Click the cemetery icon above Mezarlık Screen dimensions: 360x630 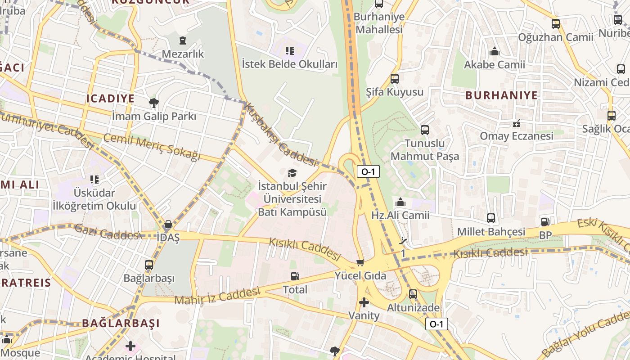pyautogui.click(x=182, y=41)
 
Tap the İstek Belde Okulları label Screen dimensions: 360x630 pyautogui.click(x=289, y=64)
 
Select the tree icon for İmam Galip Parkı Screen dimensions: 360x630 pyautogui.click(x=154, y=103)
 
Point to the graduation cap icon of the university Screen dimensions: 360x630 pyautogui.click(x=292, y=173)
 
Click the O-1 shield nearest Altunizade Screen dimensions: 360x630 pyautogui.click(x=436, y=324)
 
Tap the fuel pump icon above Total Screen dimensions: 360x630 pyautogui.click(x=295, y=276)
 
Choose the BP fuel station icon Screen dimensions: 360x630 pyautogui.click(x=545, y=221)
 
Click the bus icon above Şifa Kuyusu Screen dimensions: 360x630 pyautogui.click(x=395, y=79)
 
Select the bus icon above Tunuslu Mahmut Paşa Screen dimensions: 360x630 pyautogui.click(x=424, y=130)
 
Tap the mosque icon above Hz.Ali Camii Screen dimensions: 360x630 pyautogui.click(x=400, y=202)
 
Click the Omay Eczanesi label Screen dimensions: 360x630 pyautogui.click(x=516, y=136)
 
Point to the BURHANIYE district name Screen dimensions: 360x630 pyautogui.click(x=501, y=95)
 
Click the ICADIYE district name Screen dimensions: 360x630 pyautogui.click(x=110, y=99)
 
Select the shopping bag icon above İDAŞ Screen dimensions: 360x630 pyautogui.click(x=168, y=224)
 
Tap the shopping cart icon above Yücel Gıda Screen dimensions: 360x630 pyautogui.click(x=360, y=262)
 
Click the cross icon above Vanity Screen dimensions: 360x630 pyautogui.click(x=364, y=302)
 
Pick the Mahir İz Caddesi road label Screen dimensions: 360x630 pyautogui.click(x=217, y=296)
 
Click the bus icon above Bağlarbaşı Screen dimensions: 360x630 pyautogui.click(x=149, y=265)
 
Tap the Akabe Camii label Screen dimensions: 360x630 pyautogui.click(x=494, y=65)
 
